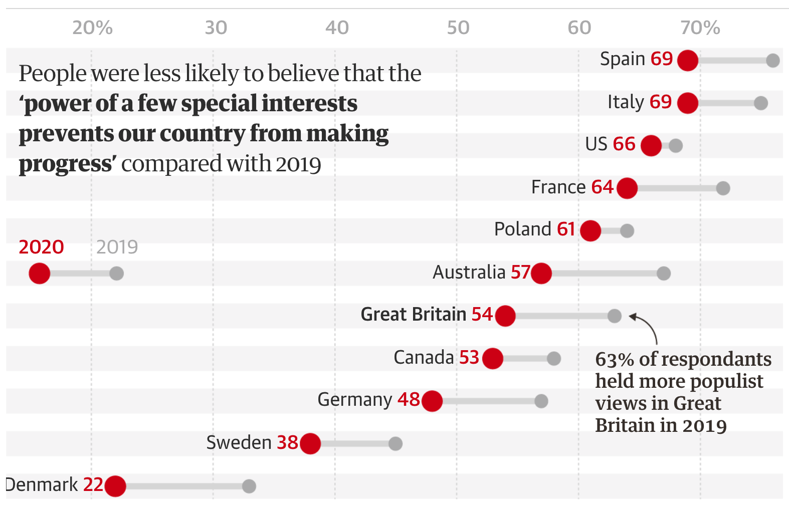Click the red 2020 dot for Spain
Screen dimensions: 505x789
pos(688,61)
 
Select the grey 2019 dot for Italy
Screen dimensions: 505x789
pos(761,103)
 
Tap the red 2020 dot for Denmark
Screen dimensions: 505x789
pos(115,486)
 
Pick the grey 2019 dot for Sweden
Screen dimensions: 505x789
pos(396,443)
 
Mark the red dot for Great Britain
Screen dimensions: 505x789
pos(505,316)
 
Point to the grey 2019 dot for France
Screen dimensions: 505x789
pos(723,188)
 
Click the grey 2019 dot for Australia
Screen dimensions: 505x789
pos(664,273)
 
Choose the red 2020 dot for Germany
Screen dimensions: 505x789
pos(432,401)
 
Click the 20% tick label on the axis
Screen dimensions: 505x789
pos(92,28)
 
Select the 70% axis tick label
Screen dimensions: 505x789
pos(700,28)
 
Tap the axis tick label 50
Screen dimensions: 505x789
pos(458,28)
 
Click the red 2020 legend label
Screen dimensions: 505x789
pos(41,247)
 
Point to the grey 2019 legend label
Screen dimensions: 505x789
pos(117,247)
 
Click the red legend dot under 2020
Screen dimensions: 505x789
pos(40,274)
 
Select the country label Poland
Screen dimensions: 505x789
pos(523,229)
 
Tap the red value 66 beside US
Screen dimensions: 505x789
pos(624,144)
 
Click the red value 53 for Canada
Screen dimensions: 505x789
pos(469,357)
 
